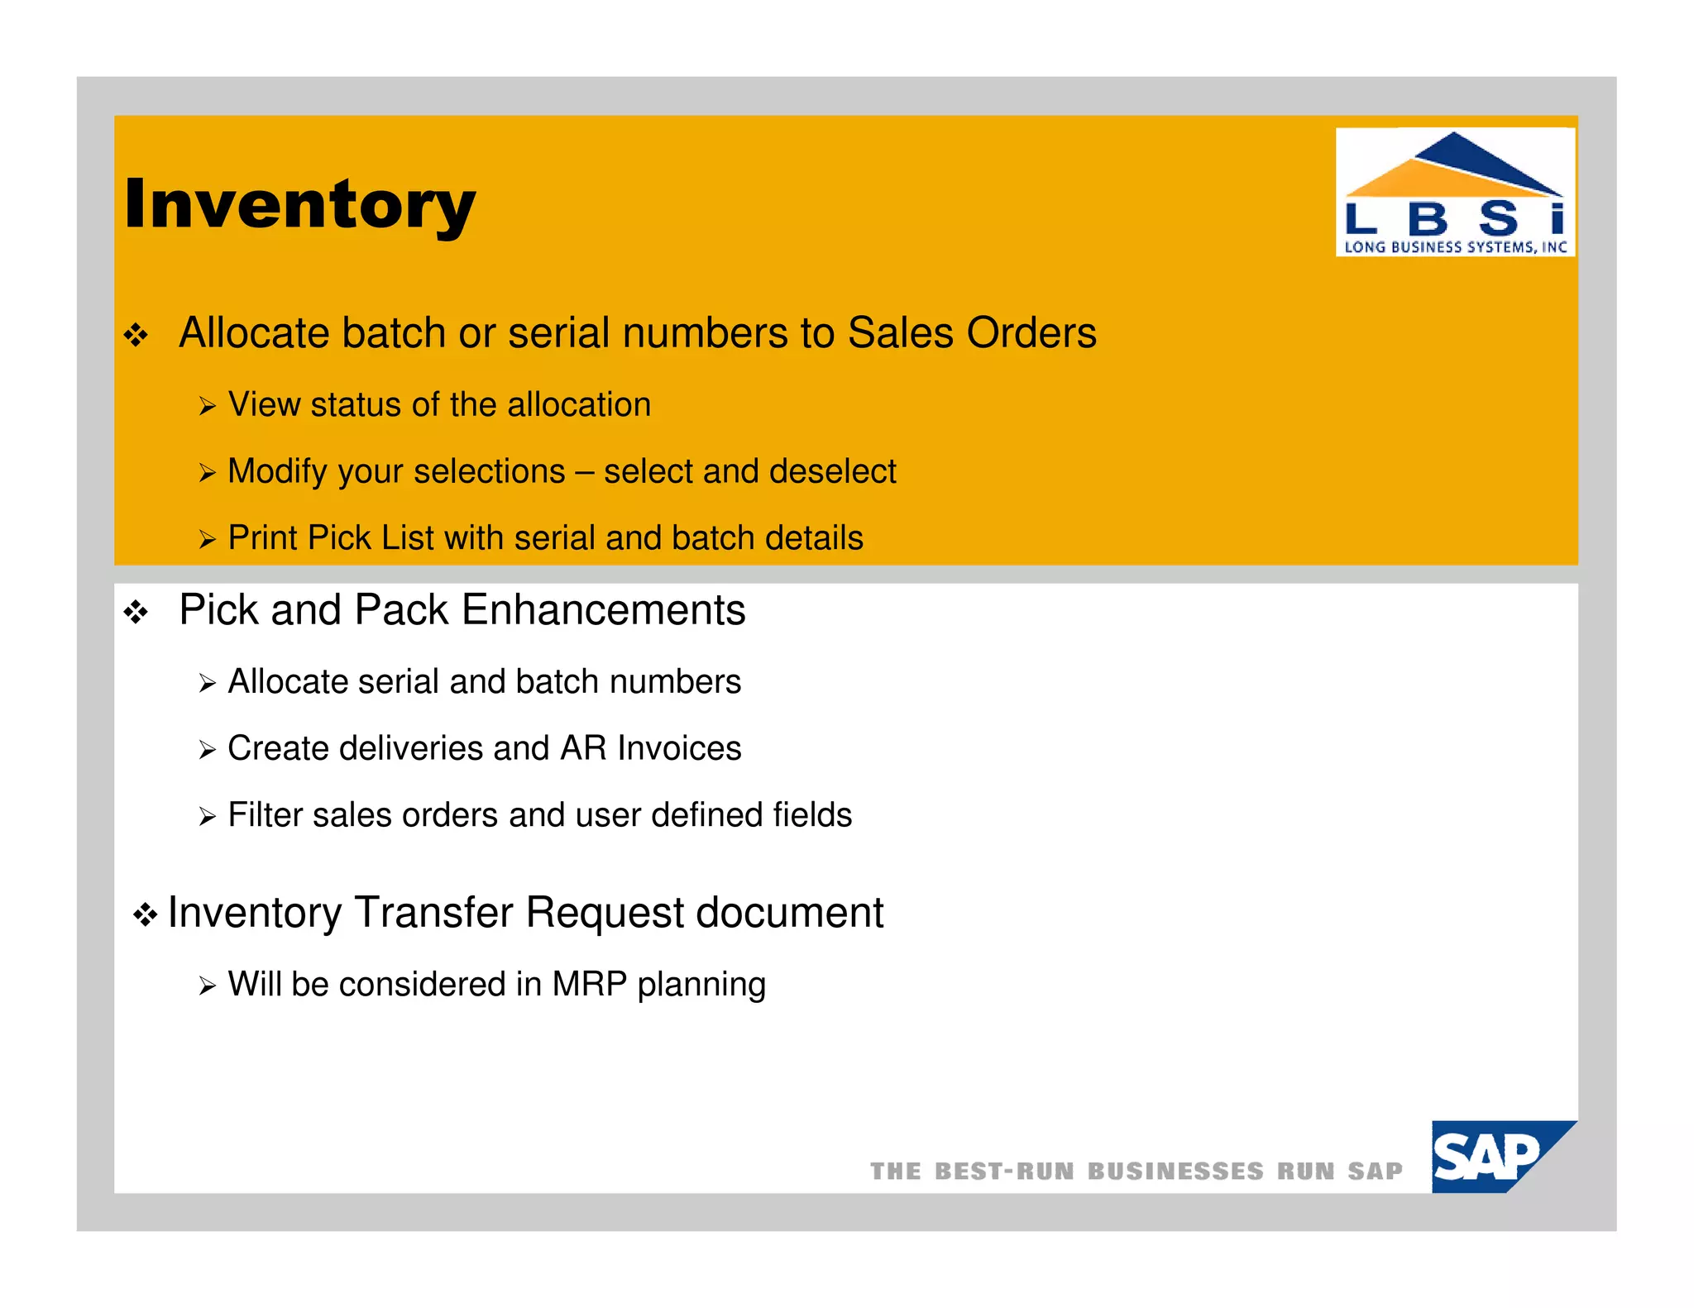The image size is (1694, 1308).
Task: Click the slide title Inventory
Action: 299,204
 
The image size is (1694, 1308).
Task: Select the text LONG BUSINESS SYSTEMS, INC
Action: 1455,246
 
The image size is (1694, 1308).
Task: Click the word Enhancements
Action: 603,610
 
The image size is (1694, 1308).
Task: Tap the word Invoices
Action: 679,748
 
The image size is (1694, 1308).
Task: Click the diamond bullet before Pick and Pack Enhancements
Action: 136,613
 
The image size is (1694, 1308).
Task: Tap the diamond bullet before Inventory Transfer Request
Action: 146,915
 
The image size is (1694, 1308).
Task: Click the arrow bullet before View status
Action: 207,407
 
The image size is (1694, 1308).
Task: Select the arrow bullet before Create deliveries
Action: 207,751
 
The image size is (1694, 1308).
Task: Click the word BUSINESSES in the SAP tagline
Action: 1175,1172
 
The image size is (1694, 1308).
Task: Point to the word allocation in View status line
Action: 579,405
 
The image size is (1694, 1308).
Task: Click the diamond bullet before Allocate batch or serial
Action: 136,336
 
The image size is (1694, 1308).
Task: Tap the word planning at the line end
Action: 701,986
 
